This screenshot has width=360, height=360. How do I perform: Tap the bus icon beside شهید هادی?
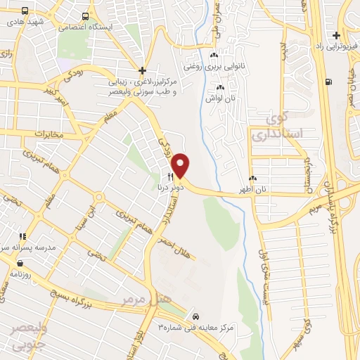(25, 11)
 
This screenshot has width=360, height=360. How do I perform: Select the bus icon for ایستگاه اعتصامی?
(85, 16)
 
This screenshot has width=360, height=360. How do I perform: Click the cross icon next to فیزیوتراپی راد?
(337, 35)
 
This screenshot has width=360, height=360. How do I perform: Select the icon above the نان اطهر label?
(252, 179)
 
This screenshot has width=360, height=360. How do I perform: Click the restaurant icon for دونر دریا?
(169, 176)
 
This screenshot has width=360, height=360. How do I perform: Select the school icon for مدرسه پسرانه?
(22, 237)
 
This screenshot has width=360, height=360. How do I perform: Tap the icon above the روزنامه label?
(19, 263)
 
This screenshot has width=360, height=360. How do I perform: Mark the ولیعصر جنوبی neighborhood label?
(28, 335)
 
